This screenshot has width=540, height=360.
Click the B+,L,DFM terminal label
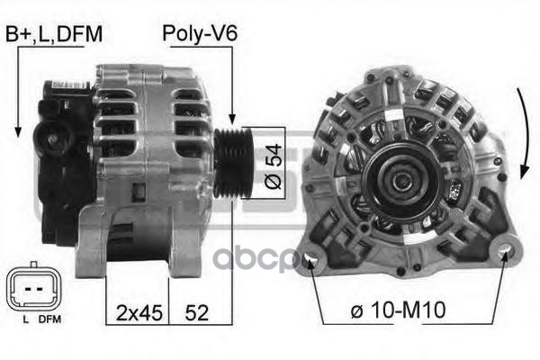click(x=54, y=34)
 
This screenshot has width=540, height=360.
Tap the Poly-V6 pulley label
click(x=200, y=33)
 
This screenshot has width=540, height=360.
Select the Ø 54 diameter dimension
click(x=274, y=166)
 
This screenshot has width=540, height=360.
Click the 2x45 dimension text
click(x=139, y=313)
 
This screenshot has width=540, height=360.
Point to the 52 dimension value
click(x=196, y=313)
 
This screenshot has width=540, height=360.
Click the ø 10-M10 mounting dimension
click(x=398, y=310)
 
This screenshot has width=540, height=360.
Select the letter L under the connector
click(x=25, y=319)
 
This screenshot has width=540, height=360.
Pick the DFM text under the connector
click(x=49, y=319)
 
